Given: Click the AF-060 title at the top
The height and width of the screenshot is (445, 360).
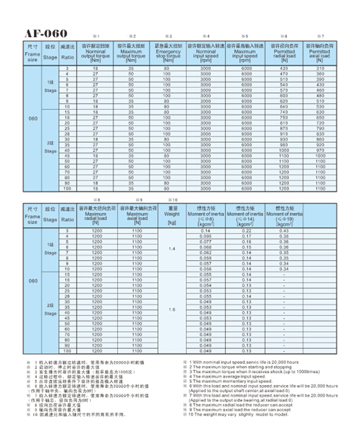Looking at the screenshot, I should point(46,34).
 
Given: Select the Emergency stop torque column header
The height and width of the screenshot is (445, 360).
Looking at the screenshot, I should point(168,53).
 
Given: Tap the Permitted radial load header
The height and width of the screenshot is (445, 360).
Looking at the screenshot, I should point(284,53).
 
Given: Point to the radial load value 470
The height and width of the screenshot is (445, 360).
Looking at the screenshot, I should point(284,74).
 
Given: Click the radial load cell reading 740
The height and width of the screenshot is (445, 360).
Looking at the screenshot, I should point(284,112).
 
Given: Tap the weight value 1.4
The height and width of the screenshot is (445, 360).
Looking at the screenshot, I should point(171,249).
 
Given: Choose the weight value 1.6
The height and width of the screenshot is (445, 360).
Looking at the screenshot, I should point(171,310).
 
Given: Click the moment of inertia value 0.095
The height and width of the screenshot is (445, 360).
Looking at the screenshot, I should point(206,236).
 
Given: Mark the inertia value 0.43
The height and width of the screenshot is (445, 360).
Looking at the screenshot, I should point(284,231).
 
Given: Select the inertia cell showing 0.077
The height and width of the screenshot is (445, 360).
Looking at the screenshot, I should point(206,241).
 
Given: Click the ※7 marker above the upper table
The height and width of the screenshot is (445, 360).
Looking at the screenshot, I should point(322,37).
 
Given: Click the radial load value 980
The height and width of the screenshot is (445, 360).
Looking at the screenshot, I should point(284,144).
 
